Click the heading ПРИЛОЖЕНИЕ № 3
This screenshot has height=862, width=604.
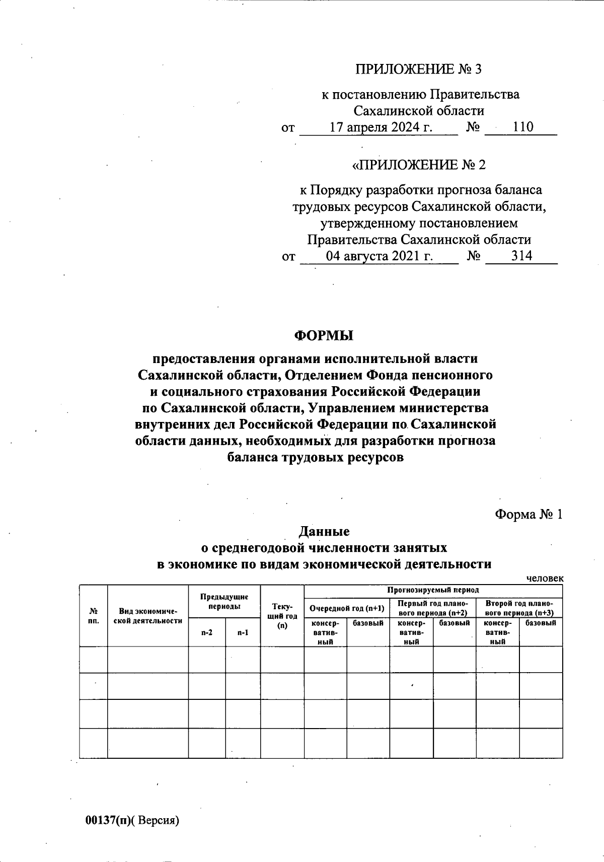point(419,69)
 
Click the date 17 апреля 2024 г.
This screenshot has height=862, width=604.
point(381,127)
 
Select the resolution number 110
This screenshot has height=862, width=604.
point(523,127)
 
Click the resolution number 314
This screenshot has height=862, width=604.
point(522,256)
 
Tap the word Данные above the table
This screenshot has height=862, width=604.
point(324,531)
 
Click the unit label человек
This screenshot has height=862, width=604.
point(545,579)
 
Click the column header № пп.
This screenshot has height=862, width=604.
point(93,615)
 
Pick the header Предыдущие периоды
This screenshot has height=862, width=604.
point(224,601)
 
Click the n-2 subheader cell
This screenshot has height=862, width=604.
point(206,632)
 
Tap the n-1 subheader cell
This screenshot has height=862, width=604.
point(243,632)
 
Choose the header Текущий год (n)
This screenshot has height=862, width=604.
point(282,615)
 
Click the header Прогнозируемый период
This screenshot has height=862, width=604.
point(433,590)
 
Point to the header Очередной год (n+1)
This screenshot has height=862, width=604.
point(347,608)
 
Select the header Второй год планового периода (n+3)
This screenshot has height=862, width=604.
point(519,608)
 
